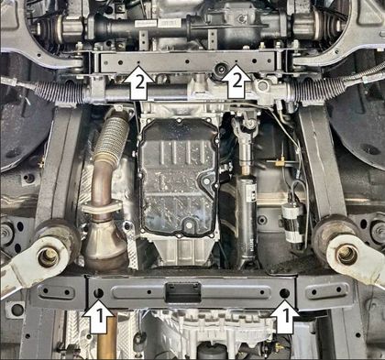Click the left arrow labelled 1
pyautogui.click(x=98, y=316)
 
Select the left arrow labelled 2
pyautogui.click(x=138, y=82)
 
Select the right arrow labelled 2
pyautogui.click(x=236, y=82)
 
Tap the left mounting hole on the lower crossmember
pyautogui.click(x=98, y=293)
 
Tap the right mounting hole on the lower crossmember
pyautogui.click(x=284, y=293)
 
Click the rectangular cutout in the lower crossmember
pyautogui.click(x=183, y=292)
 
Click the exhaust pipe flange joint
pyautogui.click(x=100, y=209)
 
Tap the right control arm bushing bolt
pyautogui.click(x=346, y=254)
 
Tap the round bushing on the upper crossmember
pyautogui.click(x=221, y=70)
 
